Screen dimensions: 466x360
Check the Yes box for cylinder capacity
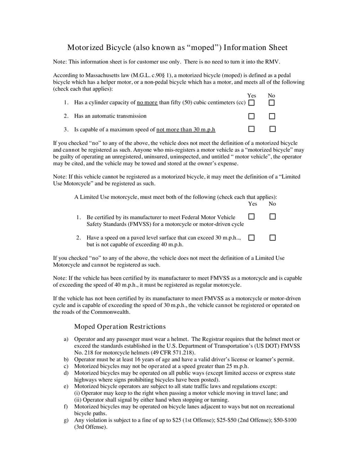click(252, 103)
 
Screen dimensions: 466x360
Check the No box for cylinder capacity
click(272, 103)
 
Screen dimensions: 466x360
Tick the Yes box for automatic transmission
click(252, 116)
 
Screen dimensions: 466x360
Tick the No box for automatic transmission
click(272, 116)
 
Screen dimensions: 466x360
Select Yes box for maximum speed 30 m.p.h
click(252, 129)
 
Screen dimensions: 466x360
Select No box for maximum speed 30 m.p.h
click(272, 129)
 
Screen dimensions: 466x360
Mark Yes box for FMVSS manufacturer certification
click(252, 217)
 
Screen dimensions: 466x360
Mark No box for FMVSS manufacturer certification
click(272, 217)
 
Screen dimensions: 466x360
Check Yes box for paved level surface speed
click(252, 237)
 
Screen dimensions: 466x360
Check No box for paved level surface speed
click(272, 237)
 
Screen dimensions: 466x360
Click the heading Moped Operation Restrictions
click(120, 326)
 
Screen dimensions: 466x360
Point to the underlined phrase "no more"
click(147, 103)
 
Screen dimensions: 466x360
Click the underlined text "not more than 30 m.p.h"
click(185, 130)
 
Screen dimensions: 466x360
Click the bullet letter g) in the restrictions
click(66, 420)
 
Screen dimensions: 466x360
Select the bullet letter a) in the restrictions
click(66, 339)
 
